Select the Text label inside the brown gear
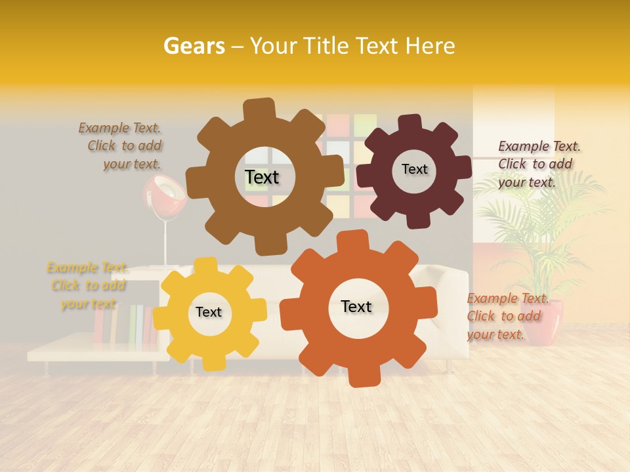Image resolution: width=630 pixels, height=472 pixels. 262,177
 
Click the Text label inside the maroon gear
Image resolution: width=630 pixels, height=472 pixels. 414,169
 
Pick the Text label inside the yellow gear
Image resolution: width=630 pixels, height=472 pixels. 209,313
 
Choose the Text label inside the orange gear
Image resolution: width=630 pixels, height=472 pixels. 356,307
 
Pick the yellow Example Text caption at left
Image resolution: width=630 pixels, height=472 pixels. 87,285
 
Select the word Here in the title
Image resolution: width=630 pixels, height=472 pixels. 430,46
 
